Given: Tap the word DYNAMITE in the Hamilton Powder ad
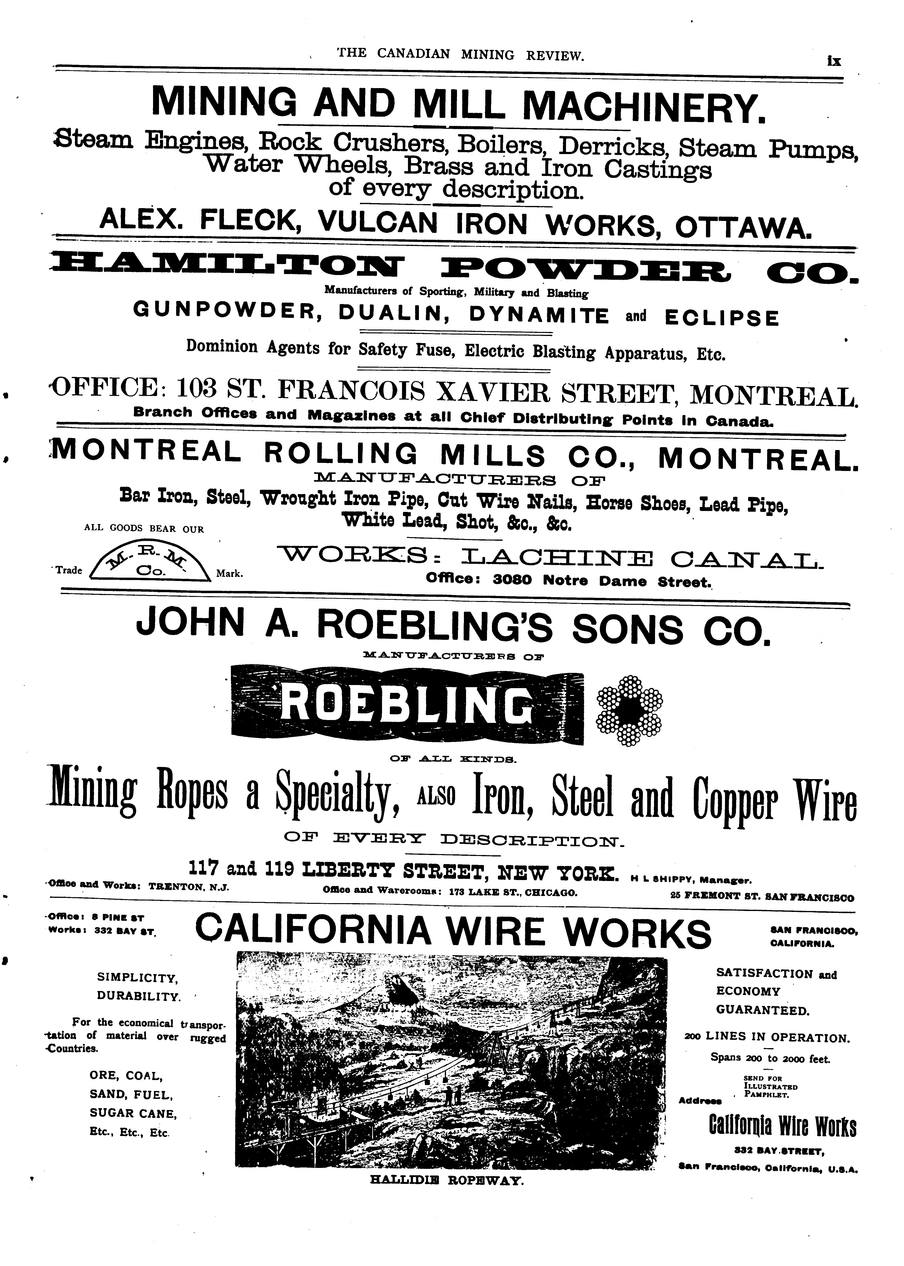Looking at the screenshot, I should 539,316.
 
